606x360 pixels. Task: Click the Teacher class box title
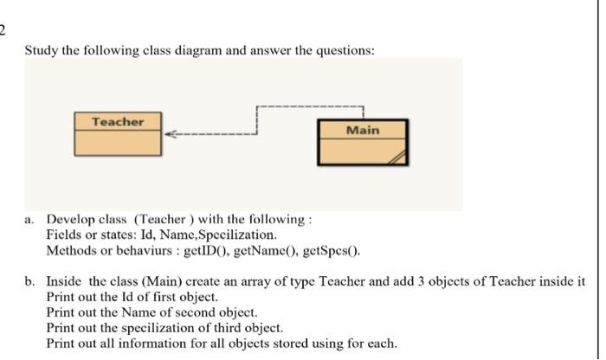tap(118, 121)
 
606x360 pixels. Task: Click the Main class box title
tap(362, 130)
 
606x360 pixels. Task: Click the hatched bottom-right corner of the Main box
tap(397, 158)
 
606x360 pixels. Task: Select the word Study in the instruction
tap(41, 50)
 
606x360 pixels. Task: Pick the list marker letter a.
tap(29, 220)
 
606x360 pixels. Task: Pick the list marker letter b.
tap(29, 281)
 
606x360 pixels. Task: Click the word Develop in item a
tap(70, 220)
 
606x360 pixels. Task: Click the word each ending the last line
tap(380, 344)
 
